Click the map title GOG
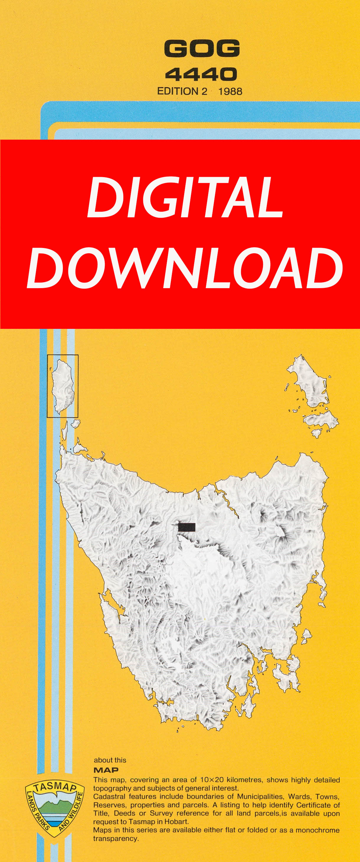[x=202, y=48]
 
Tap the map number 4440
[x=201, y=74]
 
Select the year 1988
[x=230, y=91]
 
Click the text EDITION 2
[x=182, y=91]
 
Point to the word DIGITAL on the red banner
[x=185, y=197]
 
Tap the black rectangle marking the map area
[x=186, y=527]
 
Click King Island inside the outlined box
[x=63, y=386]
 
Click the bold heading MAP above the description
[x=106, y=770]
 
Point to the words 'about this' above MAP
[x=110, y=760]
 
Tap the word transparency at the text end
[x=116, y=839]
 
